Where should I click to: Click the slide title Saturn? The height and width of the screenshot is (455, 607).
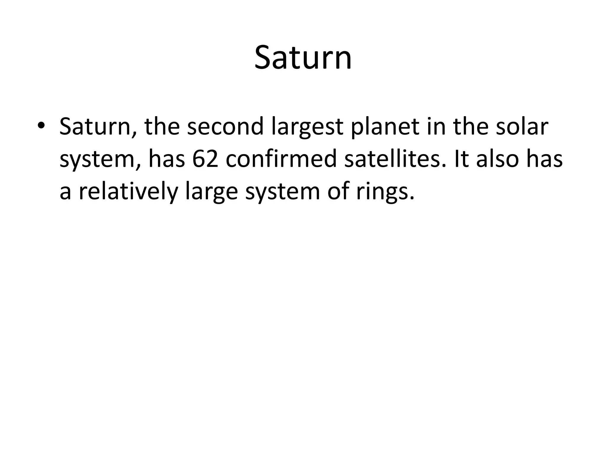point(303,58)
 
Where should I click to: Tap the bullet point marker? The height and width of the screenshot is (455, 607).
point(41,126)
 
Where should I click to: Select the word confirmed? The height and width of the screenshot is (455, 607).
point(281,159)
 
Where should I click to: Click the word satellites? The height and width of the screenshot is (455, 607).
point(395,159)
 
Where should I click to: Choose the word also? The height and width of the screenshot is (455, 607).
point(498,159)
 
